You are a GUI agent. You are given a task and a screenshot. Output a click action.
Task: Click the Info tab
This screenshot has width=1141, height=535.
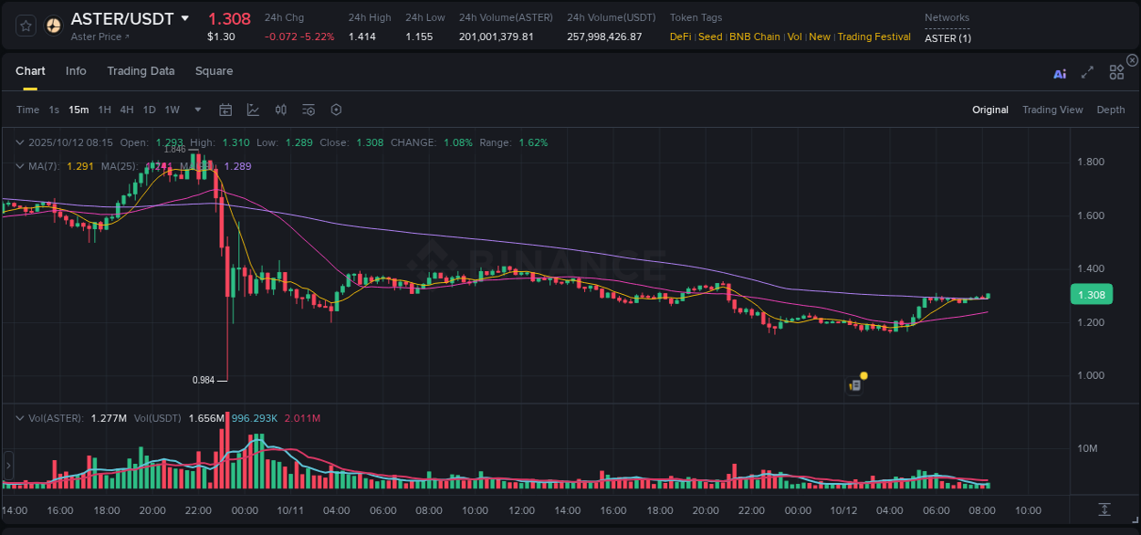(x=76, y=71)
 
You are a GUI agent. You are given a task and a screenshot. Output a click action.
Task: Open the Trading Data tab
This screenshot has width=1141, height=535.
(x=141, y=71)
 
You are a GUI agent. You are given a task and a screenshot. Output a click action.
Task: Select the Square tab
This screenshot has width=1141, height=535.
(x=214, y=71)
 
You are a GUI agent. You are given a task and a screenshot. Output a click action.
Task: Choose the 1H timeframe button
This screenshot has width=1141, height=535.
(x=104, y=110)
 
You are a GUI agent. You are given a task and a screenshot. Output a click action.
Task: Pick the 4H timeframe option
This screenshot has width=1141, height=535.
(x=127, y=110)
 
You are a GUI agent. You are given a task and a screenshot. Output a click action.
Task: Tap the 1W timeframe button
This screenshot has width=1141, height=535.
(x=172, y=110)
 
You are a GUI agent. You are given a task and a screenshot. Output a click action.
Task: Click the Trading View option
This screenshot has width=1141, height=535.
(x=1052, y=110)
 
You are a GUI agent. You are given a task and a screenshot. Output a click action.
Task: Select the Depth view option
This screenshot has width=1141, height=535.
(x=1111, y=110)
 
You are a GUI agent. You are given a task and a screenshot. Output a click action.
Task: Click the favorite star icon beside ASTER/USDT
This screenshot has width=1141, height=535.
(x=26, y=26)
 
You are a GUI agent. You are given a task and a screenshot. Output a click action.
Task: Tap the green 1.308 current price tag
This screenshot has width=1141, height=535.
(x=1092, y=295)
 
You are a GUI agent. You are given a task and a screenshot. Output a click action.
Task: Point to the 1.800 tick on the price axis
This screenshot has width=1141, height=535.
(x=1091, y=163)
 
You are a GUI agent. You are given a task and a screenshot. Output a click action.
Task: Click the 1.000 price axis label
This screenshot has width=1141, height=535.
(x=1091, y=375)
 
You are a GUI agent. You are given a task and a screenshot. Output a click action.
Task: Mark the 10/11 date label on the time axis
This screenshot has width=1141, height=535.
(x=289, y=510)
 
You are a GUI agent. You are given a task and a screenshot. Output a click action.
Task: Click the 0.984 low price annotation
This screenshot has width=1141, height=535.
(x=203, y=380)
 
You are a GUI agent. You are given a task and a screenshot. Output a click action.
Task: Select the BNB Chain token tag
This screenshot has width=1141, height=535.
(x=754, y=37)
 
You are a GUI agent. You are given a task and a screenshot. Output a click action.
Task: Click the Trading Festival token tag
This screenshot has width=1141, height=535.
(x=874, y=37)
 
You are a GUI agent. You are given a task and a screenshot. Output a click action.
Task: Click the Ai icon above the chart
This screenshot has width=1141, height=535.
(x=1060, y=74)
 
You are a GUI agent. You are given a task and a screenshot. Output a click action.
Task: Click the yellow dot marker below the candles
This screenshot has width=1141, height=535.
(x=864, y=375)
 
